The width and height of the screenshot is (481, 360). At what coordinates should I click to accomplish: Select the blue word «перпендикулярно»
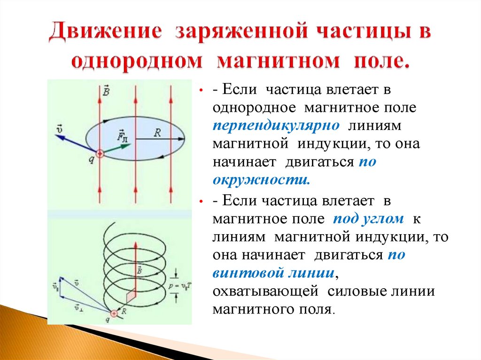[276, 126]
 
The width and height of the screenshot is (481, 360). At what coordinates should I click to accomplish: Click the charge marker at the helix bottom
[114, 313]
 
